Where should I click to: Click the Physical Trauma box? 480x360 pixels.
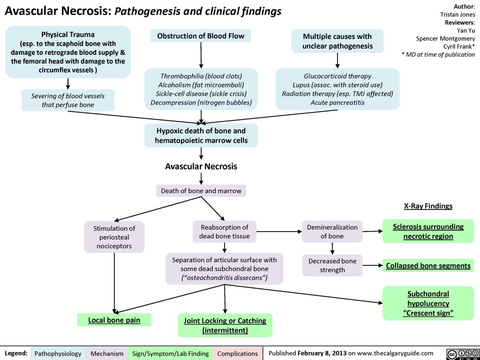(68, 52)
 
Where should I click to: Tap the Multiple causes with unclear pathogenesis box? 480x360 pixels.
(337, 41)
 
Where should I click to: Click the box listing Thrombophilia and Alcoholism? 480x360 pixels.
(201, 89)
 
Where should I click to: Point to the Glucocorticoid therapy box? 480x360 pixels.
(337, 89)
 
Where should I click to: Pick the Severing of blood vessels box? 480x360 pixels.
(68, 100)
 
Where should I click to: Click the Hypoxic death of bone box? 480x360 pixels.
(201, 135)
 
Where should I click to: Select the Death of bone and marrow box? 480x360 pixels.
(201, 191)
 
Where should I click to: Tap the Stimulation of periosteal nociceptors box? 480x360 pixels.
(114, 237)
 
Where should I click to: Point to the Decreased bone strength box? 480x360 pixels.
(332, 265)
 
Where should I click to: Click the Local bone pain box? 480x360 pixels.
(114, 320)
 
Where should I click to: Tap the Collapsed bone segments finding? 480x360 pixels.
(428, 266)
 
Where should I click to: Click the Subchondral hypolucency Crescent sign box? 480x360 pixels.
(428, 303)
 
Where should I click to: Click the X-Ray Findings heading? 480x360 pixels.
(428, 206)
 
